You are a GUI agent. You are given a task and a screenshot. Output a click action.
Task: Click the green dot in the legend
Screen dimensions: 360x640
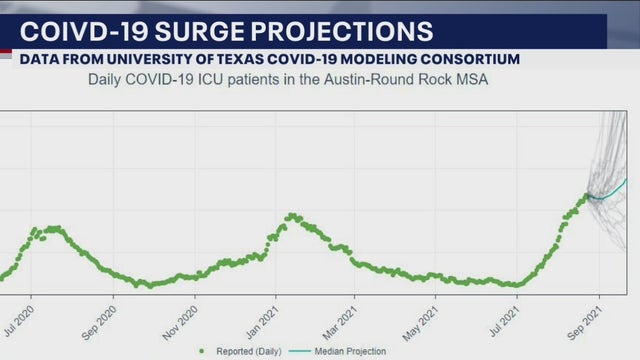(x=203, y=351)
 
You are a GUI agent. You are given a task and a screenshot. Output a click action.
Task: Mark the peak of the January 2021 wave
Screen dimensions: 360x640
(x=291, y=215)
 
